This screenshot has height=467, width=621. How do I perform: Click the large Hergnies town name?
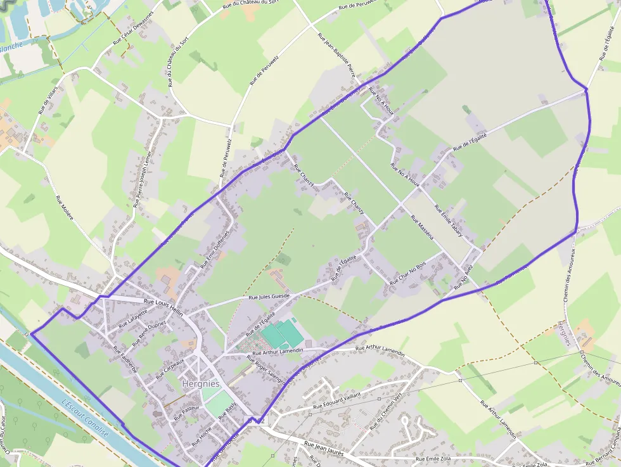click(x=200, y=384)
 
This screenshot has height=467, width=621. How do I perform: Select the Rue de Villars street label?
click(x=48, y=99)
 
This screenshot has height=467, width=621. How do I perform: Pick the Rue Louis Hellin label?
click(x=163, y=303)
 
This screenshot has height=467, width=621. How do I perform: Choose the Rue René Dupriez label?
click(x=149, y=333)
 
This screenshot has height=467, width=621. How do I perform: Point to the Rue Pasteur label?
click(x=187, y=413)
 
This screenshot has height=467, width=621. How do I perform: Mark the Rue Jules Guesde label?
click(x=269, y=296)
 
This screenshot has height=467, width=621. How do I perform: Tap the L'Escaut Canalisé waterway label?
click(x=86, y=419)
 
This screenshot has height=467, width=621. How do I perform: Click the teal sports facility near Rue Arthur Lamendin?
click(x=282, y=333)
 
